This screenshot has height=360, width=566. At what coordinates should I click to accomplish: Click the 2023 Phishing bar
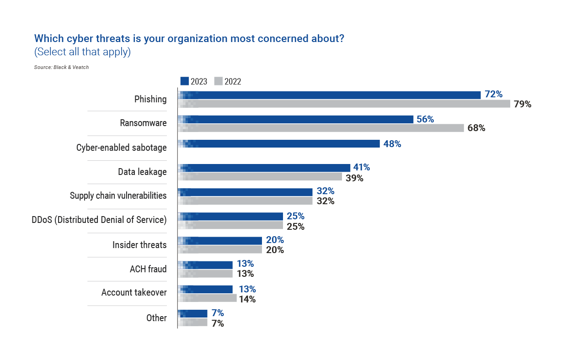coord(329,95)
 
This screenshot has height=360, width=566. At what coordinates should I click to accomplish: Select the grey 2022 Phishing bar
coord(344,104)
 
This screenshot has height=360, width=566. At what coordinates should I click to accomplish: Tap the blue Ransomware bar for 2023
coord(295,119)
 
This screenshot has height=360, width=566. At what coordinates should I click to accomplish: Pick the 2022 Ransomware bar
coord(321,128)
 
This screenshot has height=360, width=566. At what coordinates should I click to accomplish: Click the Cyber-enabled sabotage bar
coord(278,143)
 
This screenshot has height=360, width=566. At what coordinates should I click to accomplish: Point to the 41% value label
coord(361,168)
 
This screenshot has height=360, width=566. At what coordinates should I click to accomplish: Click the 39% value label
coord(354,178)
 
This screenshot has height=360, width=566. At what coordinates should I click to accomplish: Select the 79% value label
coord(522,104)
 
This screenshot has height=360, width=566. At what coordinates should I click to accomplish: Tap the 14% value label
coord(247,299)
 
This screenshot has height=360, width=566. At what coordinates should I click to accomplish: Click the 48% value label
coord(392,144)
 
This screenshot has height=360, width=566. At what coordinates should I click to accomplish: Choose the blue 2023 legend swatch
coord(184,81)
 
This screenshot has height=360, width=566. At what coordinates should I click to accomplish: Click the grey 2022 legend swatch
coord(218,81)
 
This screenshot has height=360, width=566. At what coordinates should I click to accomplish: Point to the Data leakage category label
coord(142,172)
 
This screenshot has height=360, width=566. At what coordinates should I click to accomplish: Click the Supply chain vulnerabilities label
coord(118,196)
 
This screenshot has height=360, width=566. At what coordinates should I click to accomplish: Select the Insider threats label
coord(139,245)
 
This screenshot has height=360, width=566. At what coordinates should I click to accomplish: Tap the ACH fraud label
coord(148,269)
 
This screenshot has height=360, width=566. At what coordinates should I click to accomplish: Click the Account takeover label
coord(134,292)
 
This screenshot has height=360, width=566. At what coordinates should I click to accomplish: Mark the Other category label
coord(156,318)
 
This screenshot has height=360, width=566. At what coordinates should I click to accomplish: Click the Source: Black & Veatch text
coord(61,67)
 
